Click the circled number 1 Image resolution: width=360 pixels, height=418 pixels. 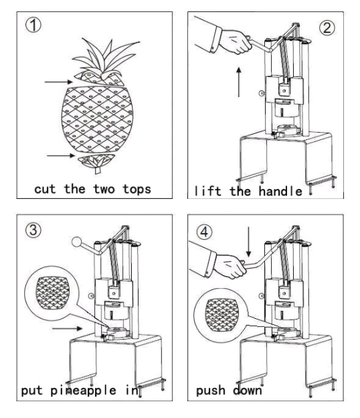coord(33,25)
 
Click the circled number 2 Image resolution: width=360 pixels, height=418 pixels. coord(327,28)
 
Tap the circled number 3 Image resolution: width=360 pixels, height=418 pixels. coord(33,230)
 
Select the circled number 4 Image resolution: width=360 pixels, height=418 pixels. coord(204,232)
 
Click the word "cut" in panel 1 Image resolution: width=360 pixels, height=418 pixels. coord(45,190)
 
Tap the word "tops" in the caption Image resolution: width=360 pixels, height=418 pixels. coord(137,190)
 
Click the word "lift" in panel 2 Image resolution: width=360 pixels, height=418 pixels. coord(207,191)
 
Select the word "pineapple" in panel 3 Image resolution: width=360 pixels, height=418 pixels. coord(83,391)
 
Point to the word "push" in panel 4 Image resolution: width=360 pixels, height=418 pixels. coord(210,391)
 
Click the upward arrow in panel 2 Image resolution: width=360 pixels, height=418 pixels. coord(239,82)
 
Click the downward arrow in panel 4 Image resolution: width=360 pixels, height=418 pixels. coord(248,242)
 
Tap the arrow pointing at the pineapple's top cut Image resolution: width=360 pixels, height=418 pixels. coord(59,82)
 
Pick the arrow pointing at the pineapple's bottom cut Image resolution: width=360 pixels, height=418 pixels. coord(61,155)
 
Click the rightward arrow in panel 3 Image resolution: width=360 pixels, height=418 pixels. coord(67,328)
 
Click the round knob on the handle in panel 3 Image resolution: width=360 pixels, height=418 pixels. coord(77,242)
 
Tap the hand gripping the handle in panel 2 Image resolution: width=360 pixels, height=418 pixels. coord(236,42)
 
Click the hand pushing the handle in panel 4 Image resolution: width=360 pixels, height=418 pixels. coord(230,266)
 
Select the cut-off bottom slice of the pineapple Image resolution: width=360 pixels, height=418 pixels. coord(96,161)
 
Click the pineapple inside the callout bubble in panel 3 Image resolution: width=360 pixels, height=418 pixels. coord(52,293)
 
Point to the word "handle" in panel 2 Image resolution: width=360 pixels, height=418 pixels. coord(280,191)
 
